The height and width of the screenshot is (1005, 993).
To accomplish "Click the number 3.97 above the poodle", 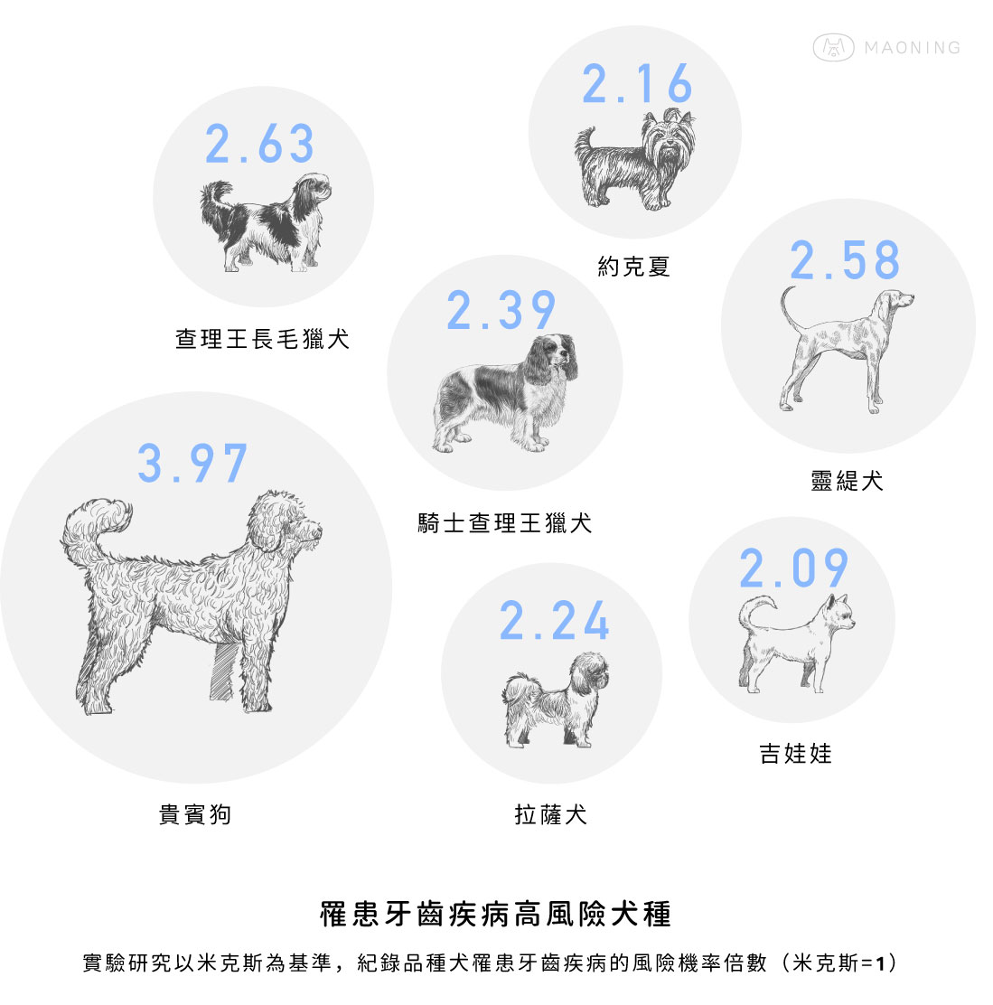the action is click(x=192, y=463).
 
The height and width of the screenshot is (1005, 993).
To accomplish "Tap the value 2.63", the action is click(x=259, y=144).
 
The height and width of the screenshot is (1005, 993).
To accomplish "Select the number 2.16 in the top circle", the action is click(x=637, y=83).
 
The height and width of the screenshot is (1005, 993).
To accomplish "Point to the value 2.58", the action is click(x=845, y=260).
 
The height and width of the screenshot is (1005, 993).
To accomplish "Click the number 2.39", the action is click(x=501, y=310).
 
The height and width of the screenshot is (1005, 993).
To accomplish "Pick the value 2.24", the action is click(x=554, y=620).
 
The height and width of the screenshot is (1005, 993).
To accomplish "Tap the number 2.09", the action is click(x=793, y=568).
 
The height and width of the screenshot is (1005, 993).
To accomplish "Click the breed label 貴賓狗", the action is click(x=195, y=814).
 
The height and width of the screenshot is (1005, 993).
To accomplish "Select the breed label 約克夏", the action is click(x=633, y=266).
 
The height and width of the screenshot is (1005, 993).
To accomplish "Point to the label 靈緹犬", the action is click(x=847, y=480).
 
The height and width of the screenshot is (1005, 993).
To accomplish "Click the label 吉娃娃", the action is click(x=795, y=753).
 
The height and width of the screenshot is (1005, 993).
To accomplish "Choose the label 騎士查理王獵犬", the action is click(x=505, y=523).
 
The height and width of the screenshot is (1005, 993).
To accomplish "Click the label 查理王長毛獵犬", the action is click(x=263, y=339).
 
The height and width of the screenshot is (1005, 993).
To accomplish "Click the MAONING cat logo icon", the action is click(x=833, y=47).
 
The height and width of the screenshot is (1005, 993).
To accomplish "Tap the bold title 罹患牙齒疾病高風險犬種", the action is click(x=496, y=914).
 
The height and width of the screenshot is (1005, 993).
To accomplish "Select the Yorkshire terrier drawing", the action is click(x=635, y=160).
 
